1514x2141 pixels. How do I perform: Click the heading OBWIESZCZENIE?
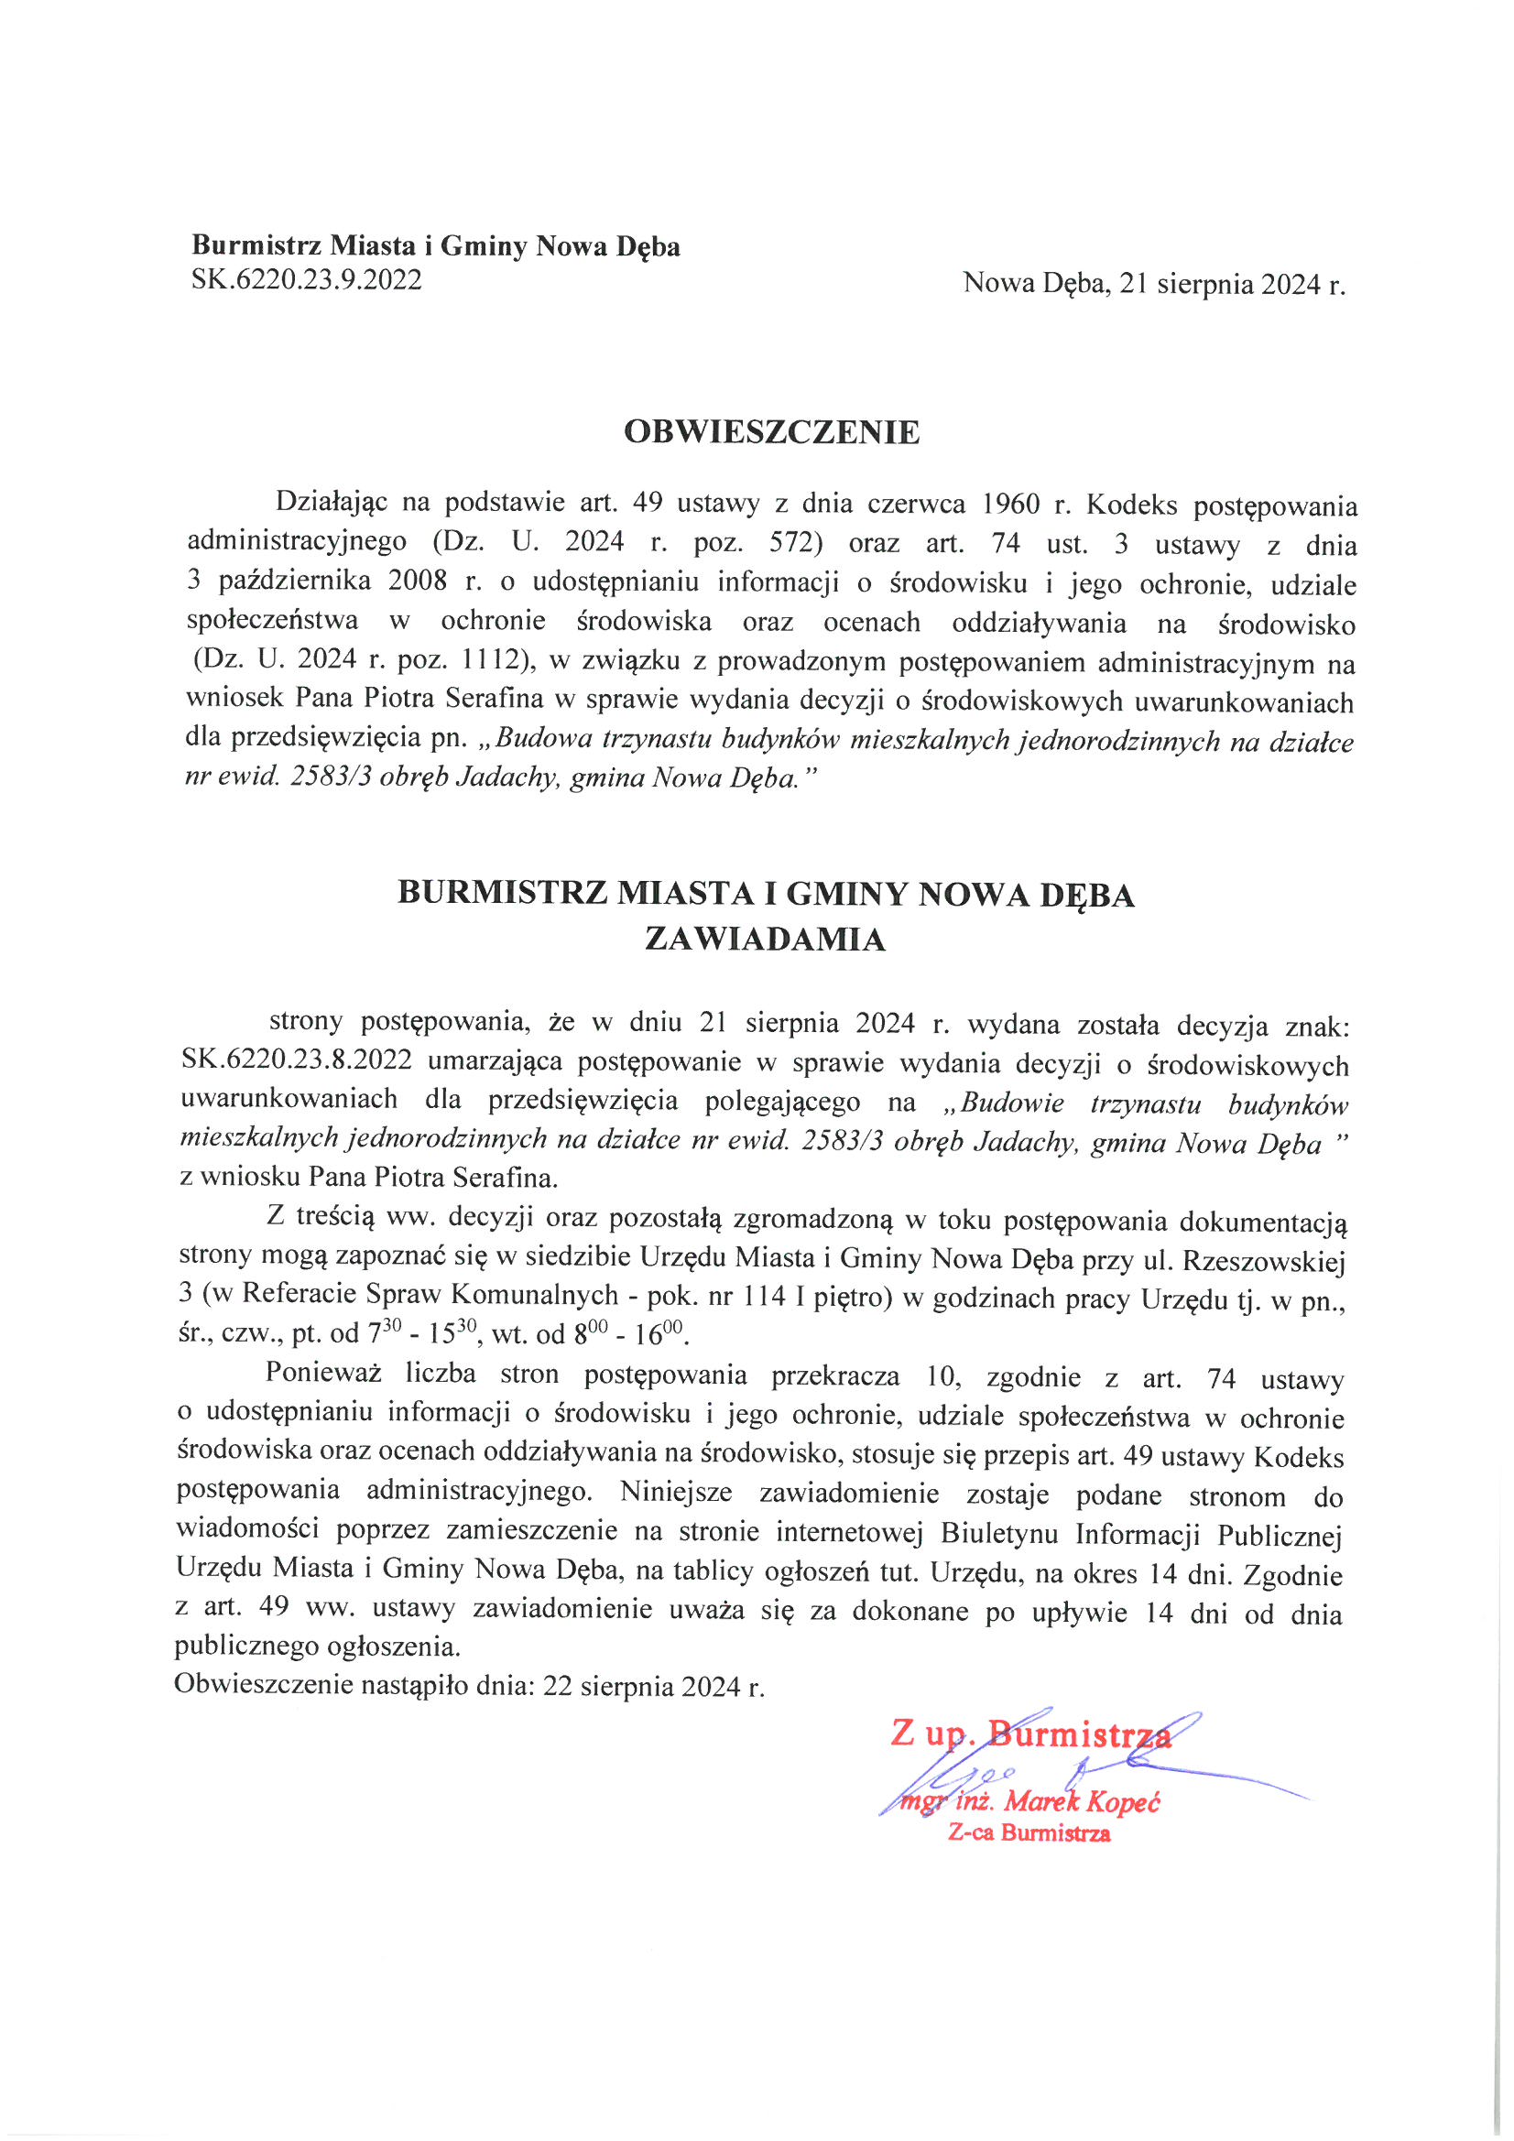coord(771,432)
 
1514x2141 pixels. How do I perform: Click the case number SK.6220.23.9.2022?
coord(306,279)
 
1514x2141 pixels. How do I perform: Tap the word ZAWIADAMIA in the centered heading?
coord(765,939)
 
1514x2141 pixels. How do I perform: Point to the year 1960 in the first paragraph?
coord(1011,505)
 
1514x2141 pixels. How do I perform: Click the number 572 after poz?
coord(795,544)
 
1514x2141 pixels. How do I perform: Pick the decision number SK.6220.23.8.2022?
coord(297,1061)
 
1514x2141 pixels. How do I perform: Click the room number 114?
coord(764,1296)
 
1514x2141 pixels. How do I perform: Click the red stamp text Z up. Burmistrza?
coord(1029,1734)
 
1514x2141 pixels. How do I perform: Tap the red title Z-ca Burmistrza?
coord(1029,1833)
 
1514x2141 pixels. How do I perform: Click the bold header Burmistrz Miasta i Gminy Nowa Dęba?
coord(436,246)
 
